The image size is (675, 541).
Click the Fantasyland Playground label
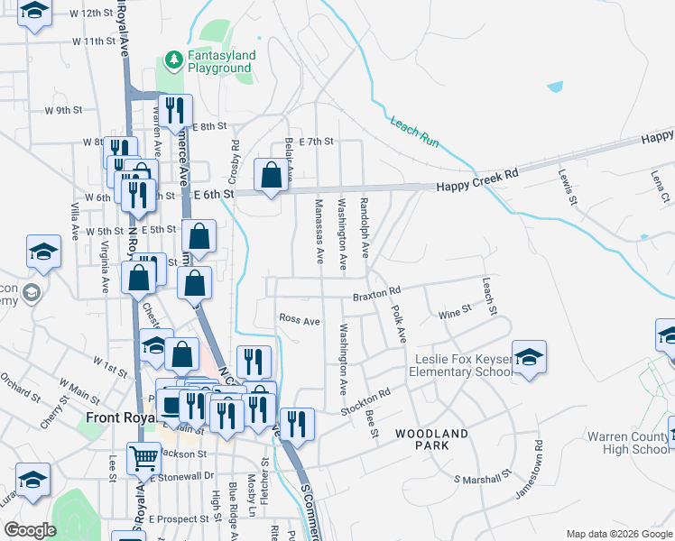click(x=221, y=61)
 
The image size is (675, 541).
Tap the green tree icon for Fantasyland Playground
click(x=174, y=60)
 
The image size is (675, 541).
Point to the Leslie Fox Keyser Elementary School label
click(x=462, y=365)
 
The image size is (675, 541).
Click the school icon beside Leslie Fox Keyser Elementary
click(x=529, y=355)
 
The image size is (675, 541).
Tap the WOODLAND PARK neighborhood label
click(x=431, y=441)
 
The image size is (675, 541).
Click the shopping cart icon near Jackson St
click(x=144, y=459)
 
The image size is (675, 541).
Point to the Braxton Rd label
click(x=376, y=293)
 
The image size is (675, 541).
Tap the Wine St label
click(x=455, y=311)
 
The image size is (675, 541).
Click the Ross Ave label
click(x=300, y=320)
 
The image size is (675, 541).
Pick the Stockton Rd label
click(x=365, y=402)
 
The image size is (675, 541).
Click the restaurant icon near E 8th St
click(x=175, y=110)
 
